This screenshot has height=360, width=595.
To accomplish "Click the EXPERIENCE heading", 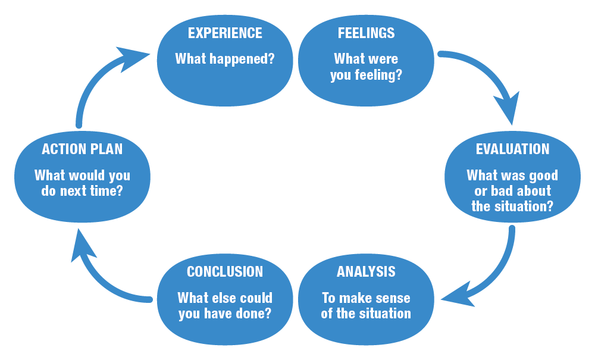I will point(225,33).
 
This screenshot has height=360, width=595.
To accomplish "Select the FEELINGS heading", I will point(365,33).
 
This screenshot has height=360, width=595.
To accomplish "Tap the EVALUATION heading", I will point(512,149).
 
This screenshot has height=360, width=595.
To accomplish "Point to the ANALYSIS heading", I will point(365,272).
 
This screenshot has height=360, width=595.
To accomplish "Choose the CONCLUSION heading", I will point(225,272).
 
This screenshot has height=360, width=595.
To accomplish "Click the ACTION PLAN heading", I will point(82,149).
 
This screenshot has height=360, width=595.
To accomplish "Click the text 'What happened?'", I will point(225,60).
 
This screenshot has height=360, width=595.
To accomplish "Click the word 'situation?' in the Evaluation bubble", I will point(524,206).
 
